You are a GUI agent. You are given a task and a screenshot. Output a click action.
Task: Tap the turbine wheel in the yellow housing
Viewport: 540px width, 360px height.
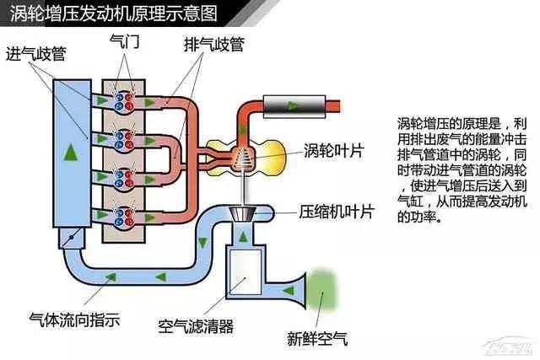(x=242, y=154)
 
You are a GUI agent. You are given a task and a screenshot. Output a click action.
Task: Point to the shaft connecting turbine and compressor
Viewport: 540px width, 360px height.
(x=243, y=187)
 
